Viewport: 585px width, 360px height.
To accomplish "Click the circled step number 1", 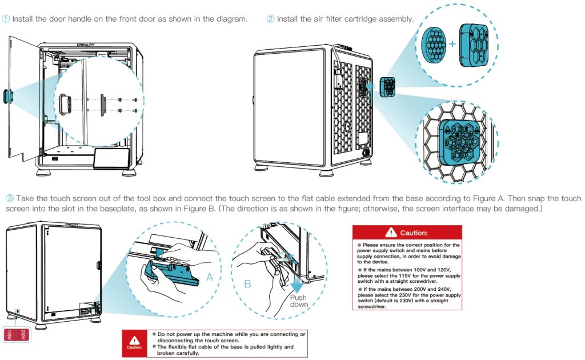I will coord(6,19).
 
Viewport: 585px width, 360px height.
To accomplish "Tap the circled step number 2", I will coord(271,19).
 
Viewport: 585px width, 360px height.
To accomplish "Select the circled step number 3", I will coord(10,198).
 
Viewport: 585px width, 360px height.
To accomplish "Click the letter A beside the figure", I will coord(210,277).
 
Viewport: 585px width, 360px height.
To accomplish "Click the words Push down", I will coord(298,301).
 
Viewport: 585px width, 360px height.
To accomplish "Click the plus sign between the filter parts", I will coord(452,43).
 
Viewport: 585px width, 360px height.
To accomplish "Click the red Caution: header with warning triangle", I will coord(407,233).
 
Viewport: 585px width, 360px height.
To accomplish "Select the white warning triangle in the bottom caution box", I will coord(135,338).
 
